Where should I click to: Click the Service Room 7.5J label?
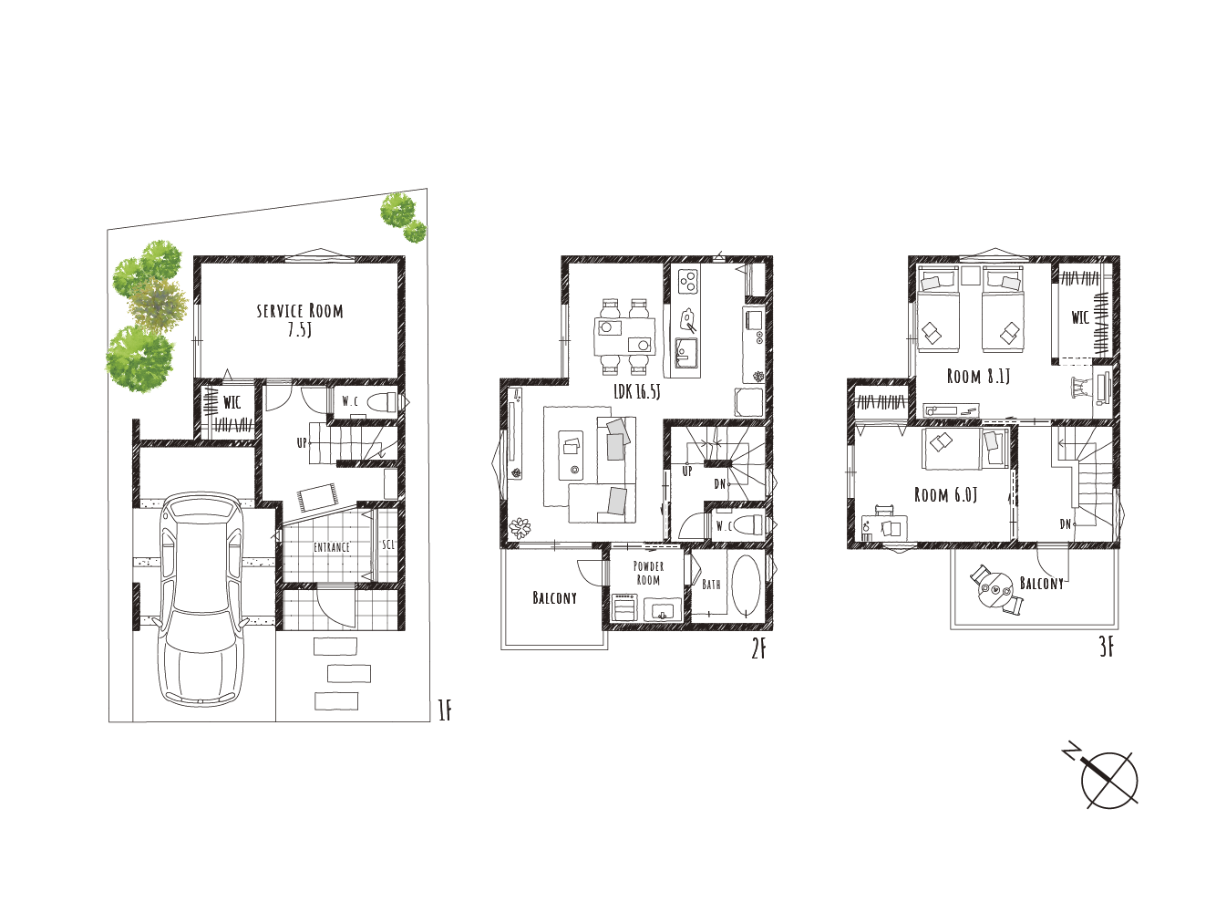(300, 320)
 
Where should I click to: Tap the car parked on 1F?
(202, 599)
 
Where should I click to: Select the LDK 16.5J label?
(637, 392)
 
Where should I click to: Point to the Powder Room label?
(648, 574)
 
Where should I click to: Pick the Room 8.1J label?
(978, 377)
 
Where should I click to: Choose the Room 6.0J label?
(945, 494)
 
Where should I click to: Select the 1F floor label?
(445, 710)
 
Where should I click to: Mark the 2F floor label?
(758, 648)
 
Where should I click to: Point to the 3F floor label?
(1107, 648)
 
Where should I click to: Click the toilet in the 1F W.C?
(383, 401)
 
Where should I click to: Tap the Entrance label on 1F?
(331, 547)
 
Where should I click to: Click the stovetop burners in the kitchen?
(687, 280)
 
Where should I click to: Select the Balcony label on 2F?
(554, 598)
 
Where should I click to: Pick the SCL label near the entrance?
(388, 544)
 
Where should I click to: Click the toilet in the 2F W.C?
(748, 524)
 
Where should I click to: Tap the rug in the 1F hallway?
(316, 497)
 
